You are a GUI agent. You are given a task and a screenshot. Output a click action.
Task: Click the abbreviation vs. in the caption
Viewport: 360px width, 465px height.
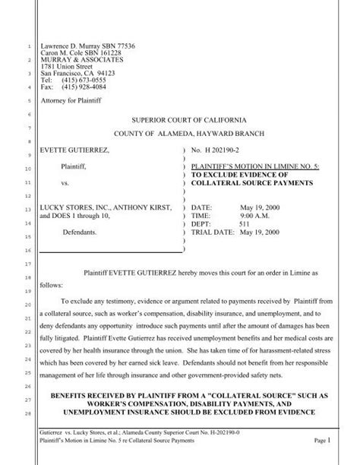(x=66, y=185)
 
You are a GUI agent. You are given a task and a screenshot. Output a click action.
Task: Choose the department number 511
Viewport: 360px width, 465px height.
(x=245, y=223)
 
